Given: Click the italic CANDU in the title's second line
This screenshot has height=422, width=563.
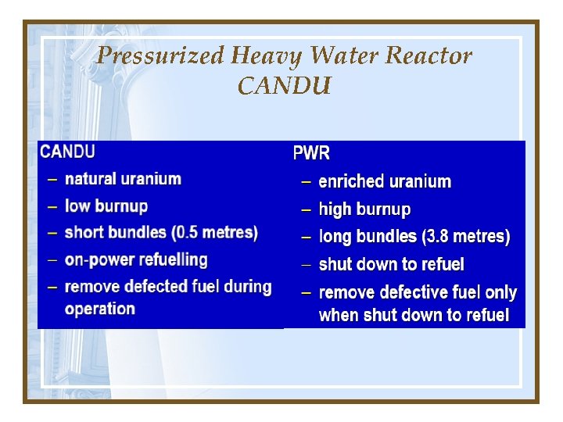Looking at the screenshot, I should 284,84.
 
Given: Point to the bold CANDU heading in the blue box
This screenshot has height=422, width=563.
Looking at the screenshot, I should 68,151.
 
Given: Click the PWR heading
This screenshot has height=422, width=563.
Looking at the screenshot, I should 311,153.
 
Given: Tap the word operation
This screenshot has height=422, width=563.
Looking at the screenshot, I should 100,309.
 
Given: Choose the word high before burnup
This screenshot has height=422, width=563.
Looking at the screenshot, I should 335,209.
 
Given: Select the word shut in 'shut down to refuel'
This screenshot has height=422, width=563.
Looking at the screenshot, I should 334,264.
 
